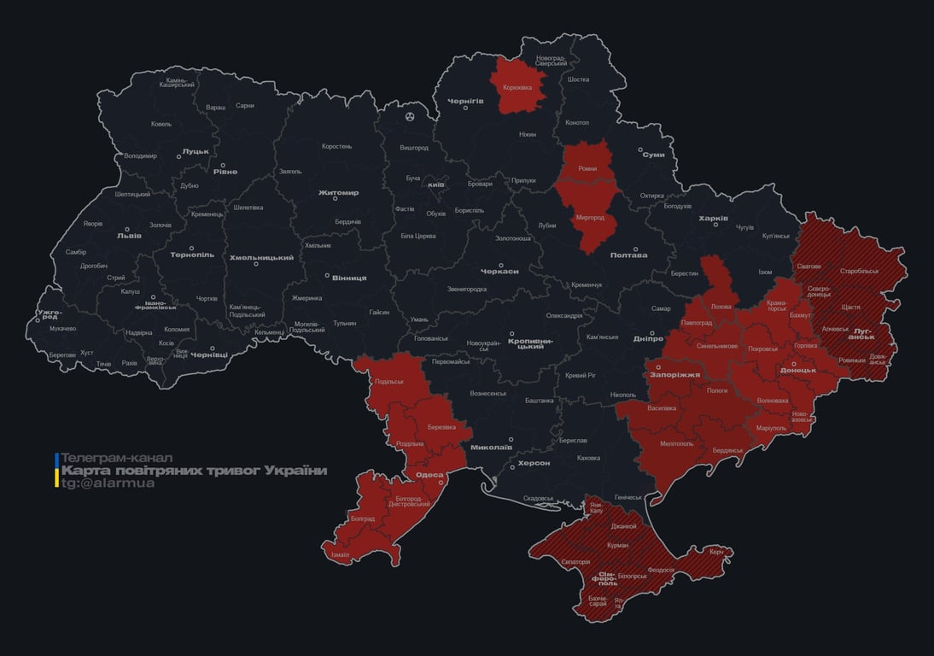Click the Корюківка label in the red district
517,87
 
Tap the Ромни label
587,169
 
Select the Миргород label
590,218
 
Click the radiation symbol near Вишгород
411,116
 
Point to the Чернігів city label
465,101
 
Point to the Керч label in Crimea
716,552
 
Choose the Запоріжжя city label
674,374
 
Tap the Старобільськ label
859,271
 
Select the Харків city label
713,219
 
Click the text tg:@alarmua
108,483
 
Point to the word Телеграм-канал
117,458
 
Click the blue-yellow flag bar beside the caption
56,471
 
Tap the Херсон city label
534,462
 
